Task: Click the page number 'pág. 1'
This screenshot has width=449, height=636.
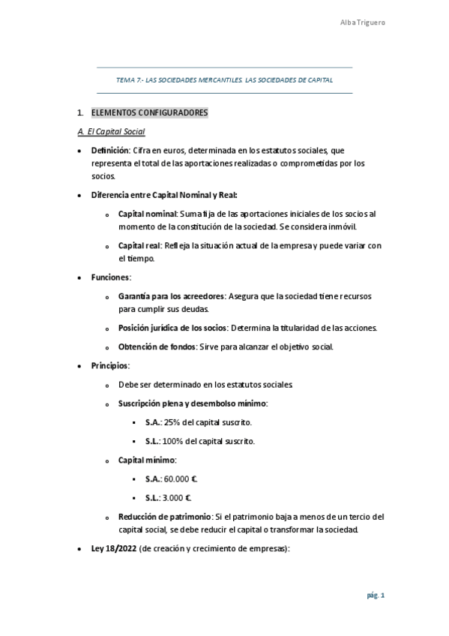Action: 376,595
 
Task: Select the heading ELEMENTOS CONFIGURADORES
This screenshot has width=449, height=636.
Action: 149,112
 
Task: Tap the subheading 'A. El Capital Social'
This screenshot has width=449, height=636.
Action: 111,132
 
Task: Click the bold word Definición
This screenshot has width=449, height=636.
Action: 110,151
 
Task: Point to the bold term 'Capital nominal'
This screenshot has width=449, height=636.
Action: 146,214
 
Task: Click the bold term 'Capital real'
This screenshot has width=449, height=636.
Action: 139,245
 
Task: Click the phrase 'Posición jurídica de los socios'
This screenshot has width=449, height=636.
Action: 172,328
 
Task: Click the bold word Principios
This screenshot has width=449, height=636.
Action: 110,365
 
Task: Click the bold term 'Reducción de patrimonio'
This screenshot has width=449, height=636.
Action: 164,517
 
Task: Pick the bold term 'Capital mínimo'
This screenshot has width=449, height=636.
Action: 146,460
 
